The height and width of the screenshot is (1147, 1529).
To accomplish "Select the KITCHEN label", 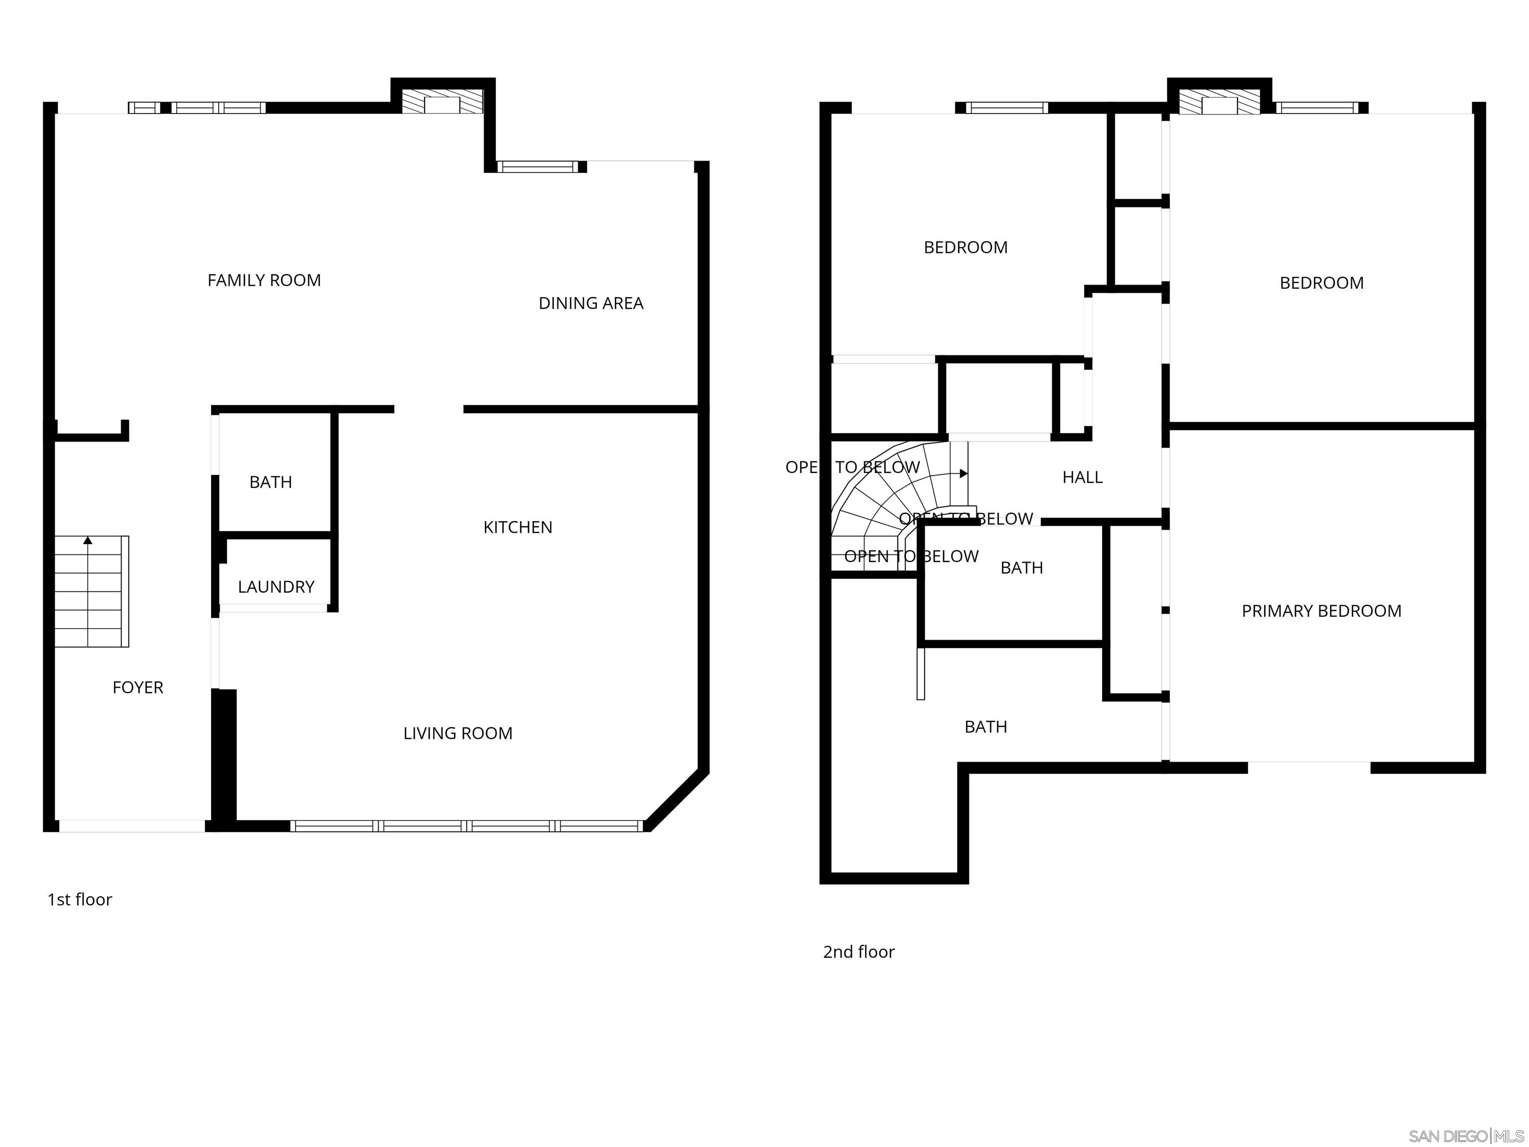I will pyautogui.click(x=517, y=528).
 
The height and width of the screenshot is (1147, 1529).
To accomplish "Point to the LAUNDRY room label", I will pyautogui.click(x=276, y=587).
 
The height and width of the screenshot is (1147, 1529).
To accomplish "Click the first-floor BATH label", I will pyautogui.click(x=270, y=482).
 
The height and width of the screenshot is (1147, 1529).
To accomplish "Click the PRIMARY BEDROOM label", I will pyautogui.click(x=1321, y=611).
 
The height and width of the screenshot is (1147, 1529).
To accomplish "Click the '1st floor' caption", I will pyautogui.click(x=80, y=900).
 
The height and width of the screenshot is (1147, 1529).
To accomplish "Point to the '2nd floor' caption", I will pyautogui.click(x=859, y=952).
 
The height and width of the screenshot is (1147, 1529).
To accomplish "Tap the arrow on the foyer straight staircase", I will pyautogui.click(x=88, y=540).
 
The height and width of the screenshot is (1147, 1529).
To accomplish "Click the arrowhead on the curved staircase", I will pyautogui.click(x=964, y=473).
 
